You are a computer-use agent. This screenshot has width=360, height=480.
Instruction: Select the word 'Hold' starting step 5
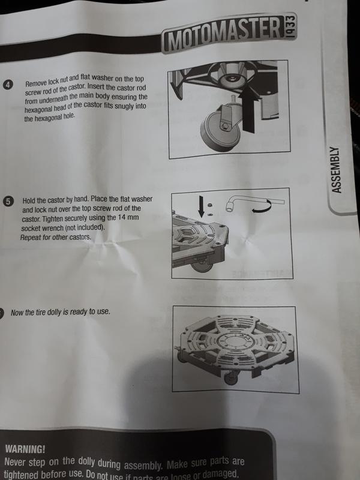[x=30, y=200]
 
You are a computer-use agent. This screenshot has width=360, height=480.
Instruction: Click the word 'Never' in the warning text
[x=18, y=463]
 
